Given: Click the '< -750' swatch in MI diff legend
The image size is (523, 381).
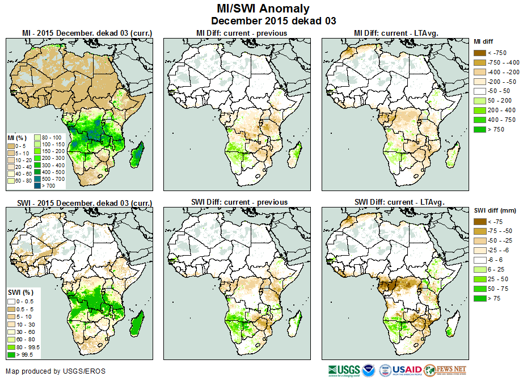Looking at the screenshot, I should tap(480, 53).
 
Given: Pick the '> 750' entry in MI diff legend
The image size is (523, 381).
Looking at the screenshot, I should tap(480, 129).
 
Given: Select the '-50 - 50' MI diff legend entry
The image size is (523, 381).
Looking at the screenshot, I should tap(480, 91).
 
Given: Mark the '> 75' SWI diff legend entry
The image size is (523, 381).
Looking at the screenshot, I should tap(480, 298).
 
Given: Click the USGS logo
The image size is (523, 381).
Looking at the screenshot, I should tap(344, 370).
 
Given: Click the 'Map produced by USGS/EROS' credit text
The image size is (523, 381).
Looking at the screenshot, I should tap(56, 371).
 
